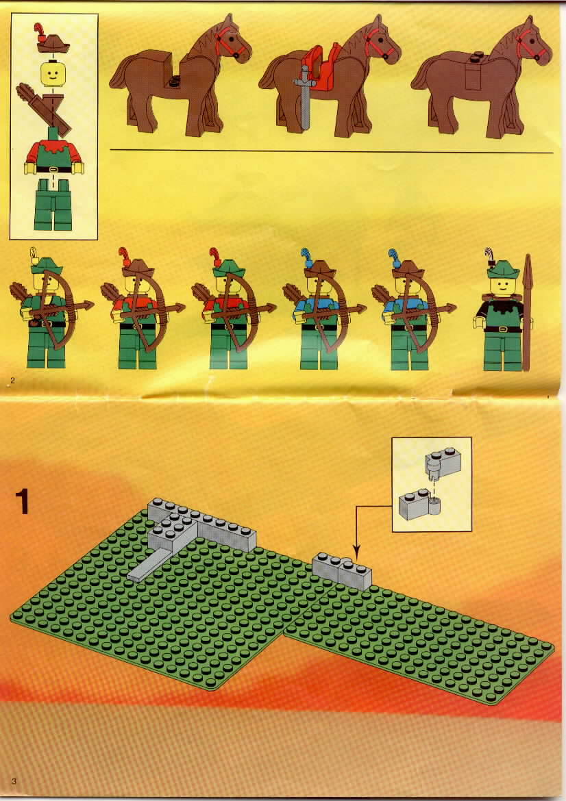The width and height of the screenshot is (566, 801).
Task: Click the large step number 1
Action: coord(23,501)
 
